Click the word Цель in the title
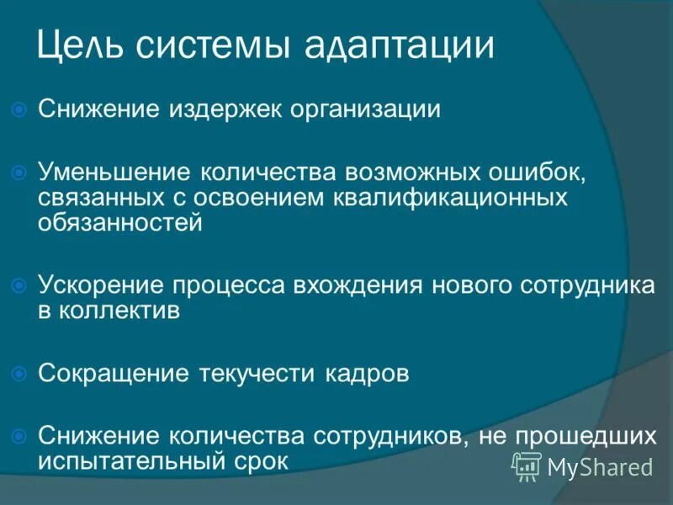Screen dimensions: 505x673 (x=78, y=45)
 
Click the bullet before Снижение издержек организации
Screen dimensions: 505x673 (x=21, y=109)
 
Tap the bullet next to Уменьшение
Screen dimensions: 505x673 (x=21, y=172)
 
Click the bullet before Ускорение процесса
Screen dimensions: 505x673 (x=21, y=285)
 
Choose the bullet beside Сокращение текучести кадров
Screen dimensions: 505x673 (x=21, y=374)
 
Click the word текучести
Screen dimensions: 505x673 (x=257, y=373)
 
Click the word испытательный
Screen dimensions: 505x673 (x=131, y=460)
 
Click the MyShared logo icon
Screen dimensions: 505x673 (x=527, y=465)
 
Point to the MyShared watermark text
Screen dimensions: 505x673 (x=599, y=467)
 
